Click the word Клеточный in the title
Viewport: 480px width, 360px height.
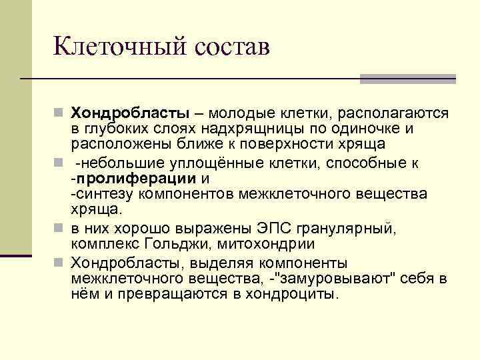(x=117, y=48)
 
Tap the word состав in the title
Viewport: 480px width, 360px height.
(x=233, y=48)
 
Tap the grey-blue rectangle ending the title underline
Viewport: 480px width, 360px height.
(x=407, y=79)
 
